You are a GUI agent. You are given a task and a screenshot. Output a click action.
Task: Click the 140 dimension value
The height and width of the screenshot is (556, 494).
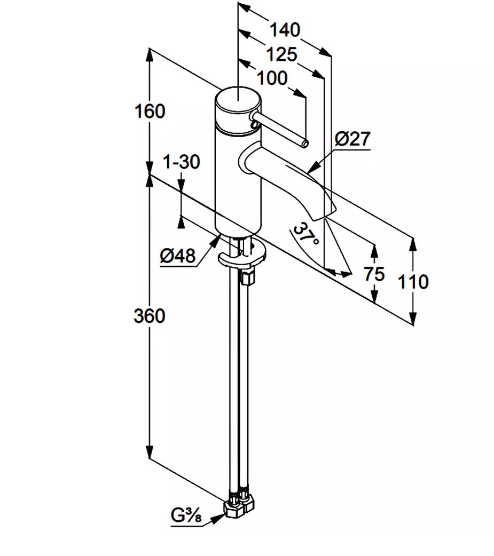[284, 30]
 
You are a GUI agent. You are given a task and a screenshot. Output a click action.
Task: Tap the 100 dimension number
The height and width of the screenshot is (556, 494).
[272, 78]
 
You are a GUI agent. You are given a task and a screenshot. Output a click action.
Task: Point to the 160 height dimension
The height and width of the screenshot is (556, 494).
[150, 112]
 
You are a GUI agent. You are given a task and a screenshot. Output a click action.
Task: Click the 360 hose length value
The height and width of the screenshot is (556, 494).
[150, 316]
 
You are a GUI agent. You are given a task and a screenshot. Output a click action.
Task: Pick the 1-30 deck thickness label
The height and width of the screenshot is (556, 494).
[182, 162]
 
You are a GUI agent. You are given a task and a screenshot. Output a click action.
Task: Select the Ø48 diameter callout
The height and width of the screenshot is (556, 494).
[177, 257]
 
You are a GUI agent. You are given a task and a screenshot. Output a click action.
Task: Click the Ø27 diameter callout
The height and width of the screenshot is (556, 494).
[352, 140]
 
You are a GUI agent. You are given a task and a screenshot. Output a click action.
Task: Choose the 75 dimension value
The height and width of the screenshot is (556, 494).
[374, 274]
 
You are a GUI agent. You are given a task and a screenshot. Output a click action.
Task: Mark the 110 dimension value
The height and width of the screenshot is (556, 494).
[413, 281]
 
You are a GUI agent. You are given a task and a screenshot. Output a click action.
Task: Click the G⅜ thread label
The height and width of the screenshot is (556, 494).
[186, 516]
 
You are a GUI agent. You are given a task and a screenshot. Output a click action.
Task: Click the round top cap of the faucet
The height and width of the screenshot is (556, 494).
[237, 100]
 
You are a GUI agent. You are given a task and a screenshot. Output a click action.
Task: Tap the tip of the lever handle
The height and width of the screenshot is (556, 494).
[305, 143]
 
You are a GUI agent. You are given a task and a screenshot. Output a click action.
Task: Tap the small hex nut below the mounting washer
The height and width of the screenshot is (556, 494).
[248, 277]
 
